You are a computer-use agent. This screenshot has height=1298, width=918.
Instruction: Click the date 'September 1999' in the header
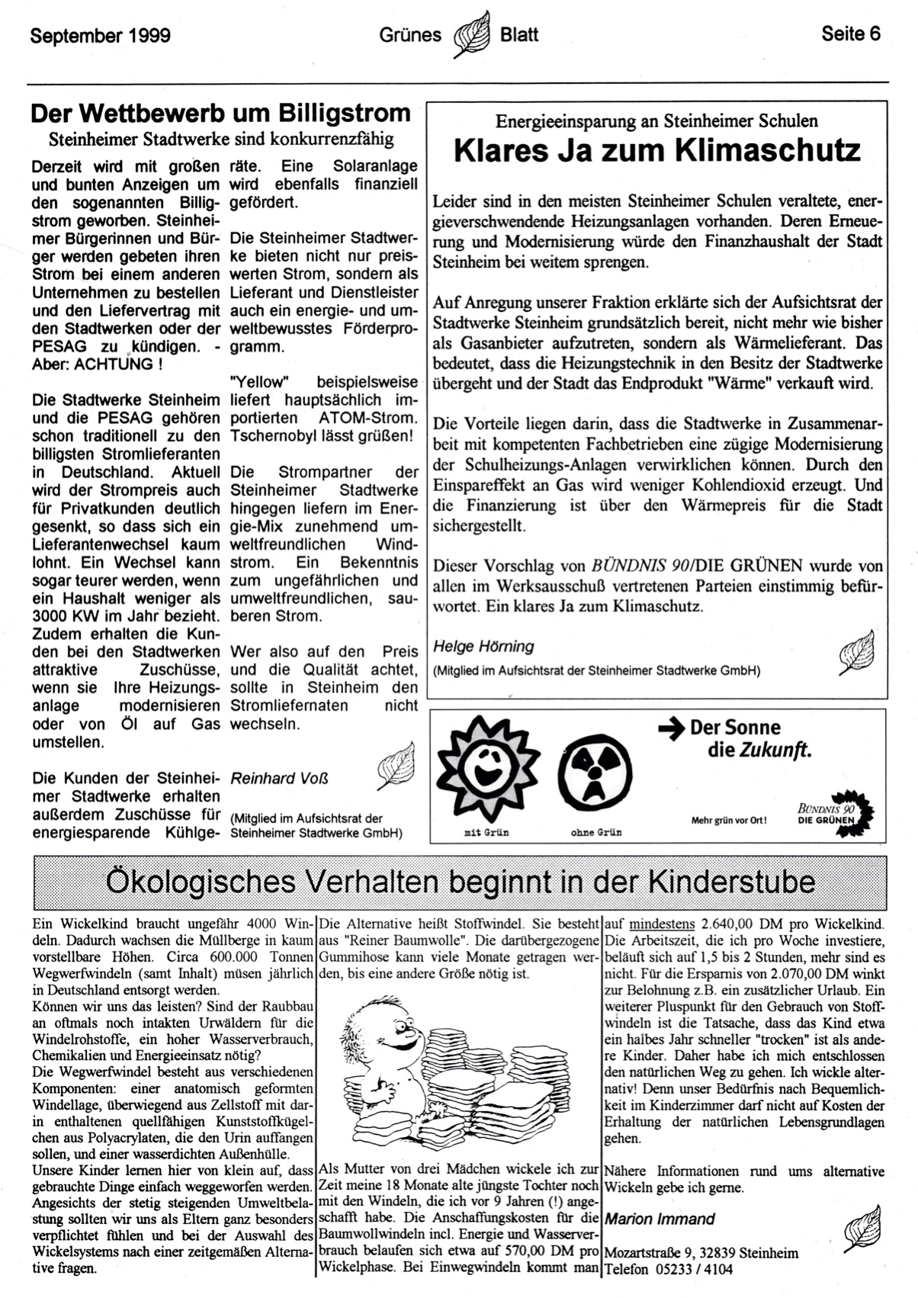100,35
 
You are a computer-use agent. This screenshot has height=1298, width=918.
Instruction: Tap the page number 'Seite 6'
851,34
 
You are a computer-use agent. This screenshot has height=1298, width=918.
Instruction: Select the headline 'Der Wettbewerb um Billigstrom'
220,114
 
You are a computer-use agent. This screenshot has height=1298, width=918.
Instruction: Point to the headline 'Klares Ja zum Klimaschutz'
657,150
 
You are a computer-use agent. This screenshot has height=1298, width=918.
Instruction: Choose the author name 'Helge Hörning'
483,647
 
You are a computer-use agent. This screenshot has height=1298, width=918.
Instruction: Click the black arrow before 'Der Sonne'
672,729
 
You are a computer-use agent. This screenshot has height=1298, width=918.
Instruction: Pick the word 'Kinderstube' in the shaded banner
731,882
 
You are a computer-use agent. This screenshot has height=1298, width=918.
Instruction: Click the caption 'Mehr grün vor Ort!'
728,821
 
